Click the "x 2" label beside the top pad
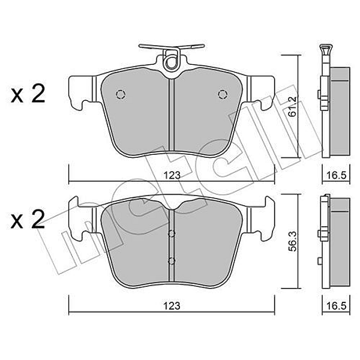pos(28,94)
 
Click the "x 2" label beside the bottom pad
pos(28,220)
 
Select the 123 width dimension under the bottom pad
pos(172,305)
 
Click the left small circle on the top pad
pos(119,94)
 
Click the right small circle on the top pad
pos(223,94)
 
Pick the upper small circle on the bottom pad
pos(171,233)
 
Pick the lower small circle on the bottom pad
pos(171,260)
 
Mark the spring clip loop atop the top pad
pos(171,61)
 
